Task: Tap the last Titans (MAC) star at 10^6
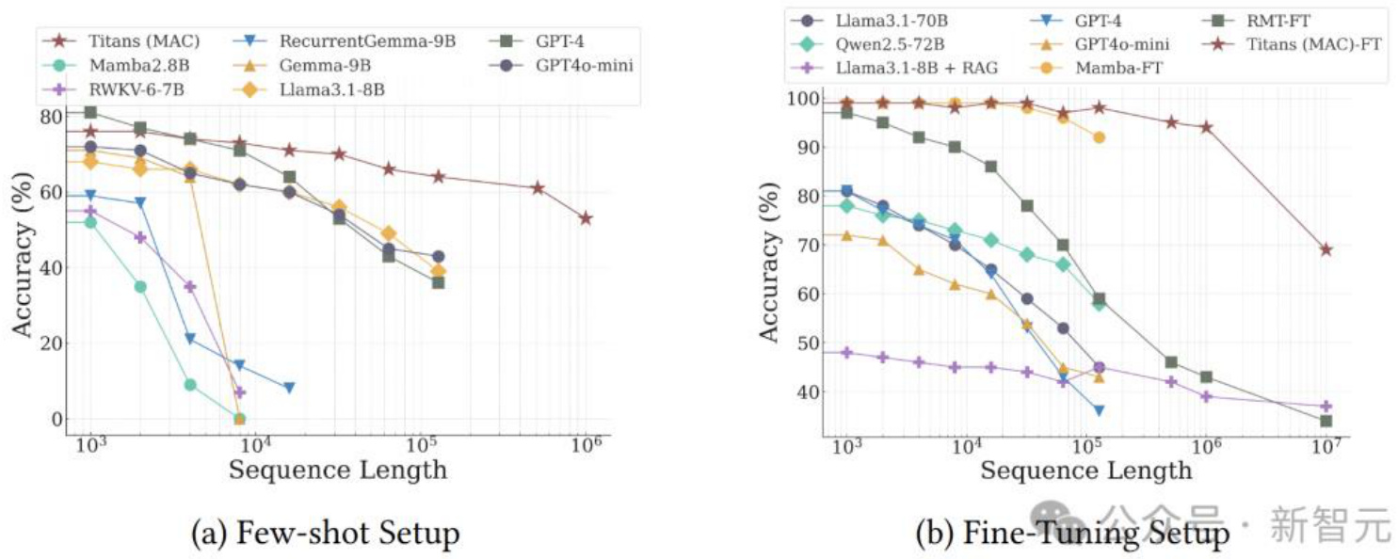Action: point(586,218)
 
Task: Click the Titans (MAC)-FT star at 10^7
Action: point(1326,249)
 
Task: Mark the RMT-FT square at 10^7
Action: point(1326,421)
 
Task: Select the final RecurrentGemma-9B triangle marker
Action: point(289,387)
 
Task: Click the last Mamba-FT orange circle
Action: point(1098,137)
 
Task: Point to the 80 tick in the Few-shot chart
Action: point(47,117)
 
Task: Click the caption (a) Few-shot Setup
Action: point(325,535)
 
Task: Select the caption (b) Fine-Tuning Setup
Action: point(1072,535)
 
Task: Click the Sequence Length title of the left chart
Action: point(338,468)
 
